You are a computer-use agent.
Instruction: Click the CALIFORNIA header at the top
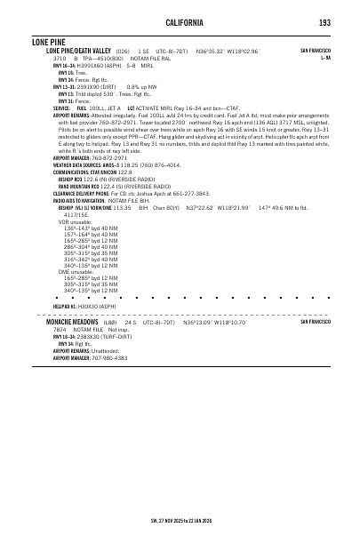pos(180,21)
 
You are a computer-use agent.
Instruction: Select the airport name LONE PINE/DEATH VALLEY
pos(78,52)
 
